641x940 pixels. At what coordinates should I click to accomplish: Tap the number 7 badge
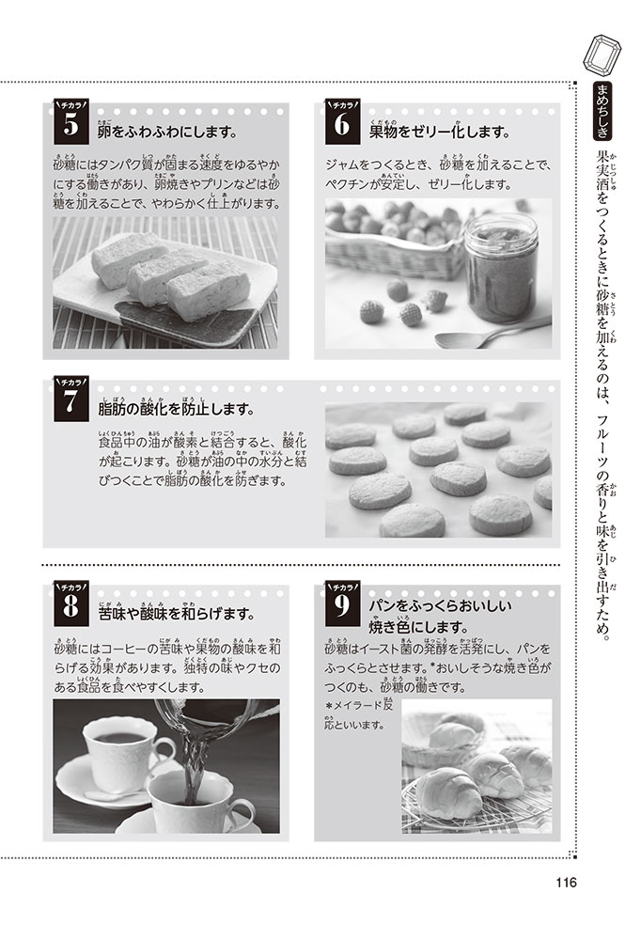[x=70, y=399]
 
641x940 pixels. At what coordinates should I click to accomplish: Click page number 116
[x=566, y=883]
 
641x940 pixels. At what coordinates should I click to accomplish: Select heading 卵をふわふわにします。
[x=166, y=131]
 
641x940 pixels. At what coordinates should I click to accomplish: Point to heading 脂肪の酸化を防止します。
[x=177, y=408]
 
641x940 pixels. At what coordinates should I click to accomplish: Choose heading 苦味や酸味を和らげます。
[x=177, y=612]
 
